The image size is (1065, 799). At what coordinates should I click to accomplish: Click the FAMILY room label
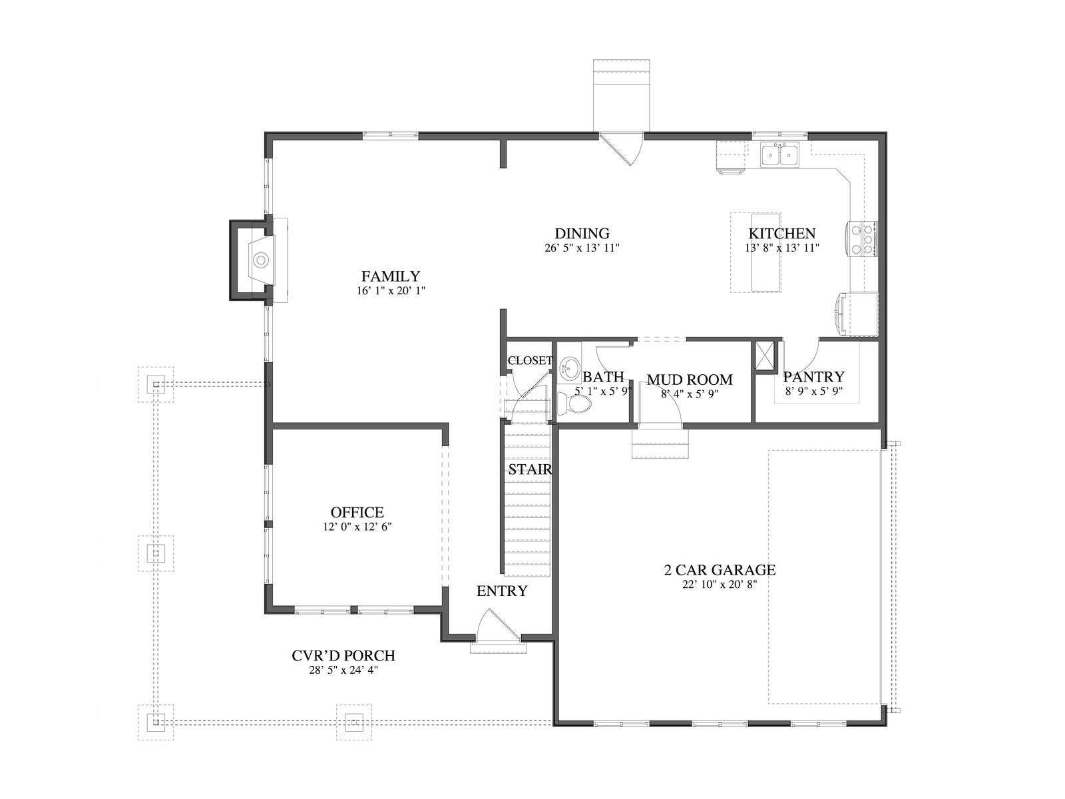(390, 276)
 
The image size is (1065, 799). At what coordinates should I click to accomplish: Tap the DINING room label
(582, 233)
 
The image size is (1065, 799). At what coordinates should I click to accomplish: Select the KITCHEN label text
(781, 233)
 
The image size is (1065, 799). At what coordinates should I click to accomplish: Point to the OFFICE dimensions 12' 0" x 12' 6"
(357, 527)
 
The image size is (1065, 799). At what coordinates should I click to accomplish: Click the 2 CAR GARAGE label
(720, 569)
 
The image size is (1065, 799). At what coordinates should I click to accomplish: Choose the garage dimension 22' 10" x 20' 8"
(720, 585)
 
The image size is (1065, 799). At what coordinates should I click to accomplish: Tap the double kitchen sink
(779, 154)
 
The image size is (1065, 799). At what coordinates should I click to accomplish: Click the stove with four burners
(863, 238)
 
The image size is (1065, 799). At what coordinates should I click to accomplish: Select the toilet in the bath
(574, 403)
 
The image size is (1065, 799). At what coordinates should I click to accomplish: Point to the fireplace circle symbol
(261, 260)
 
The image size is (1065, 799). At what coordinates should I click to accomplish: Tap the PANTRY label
(813, 376)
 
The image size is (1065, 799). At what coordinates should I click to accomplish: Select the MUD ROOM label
(690, 380)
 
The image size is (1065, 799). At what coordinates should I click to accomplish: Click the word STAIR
(530, 469)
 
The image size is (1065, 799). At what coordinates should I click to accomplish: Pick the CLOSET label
(531, 360)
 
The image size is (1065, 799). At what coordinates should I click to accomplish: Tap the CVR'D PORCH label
(343, 655)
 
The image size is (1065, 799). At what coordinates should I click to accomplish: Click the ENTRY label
(502, 591)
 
